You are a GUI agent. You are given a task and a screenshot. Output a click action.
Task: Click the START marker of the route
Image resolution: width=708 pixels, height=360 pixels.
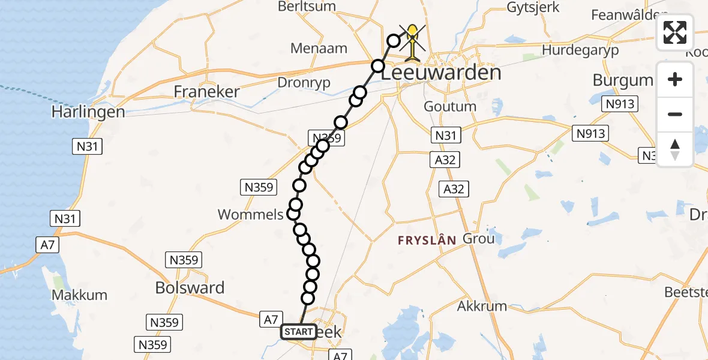(298, 332)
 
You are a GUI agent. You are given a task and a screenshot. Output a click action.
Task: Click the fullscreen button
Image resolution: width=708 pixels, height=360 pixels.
(675, 32)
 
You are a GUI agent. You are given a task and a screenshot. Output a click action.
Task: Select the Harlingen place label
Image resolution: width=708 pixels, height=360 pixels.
(88, 112)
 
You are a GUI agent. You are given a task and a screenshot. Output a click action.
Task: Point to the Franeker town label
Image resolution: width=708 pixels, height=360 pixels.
(206, 92)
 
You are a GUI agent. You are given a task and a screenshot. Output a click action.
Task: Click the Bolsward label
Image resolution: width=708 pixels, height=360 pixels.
(190, 288)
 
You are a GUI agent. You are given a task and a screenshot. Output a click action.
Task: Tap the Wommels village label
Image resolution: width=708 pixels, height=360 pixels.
(250, 214)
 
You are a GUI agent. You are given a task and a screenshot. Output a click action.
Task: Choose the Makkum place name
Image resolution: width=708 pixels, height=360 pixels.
(79, 295)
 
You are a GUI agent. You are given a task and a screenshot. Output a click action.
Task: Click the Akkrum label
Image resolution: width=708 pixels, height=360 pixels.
(482, 306)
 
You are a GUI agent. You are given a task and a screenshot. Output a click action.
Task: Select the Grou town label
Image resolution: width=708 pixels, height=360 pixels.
(478, 239)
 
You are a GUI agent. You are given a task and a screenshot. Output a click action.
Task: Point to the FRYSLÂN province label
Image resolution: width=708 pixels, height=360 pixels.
(427, 240)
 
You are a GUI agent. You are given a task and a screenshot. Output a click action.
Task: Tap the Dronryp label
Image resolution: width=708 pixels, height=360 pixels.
(304, 83)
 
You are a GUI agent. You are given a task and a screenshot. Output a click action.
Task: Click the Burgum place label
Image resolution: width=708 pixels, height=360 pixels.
(622, 80)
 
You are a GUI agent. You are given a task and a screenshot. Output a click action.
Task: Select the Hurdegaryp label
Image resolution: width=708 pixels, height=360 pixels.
(580, 50)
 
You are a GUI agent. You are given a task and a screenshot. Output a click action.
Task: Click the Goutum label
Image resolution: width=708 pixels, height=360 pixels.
(449, 106)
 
